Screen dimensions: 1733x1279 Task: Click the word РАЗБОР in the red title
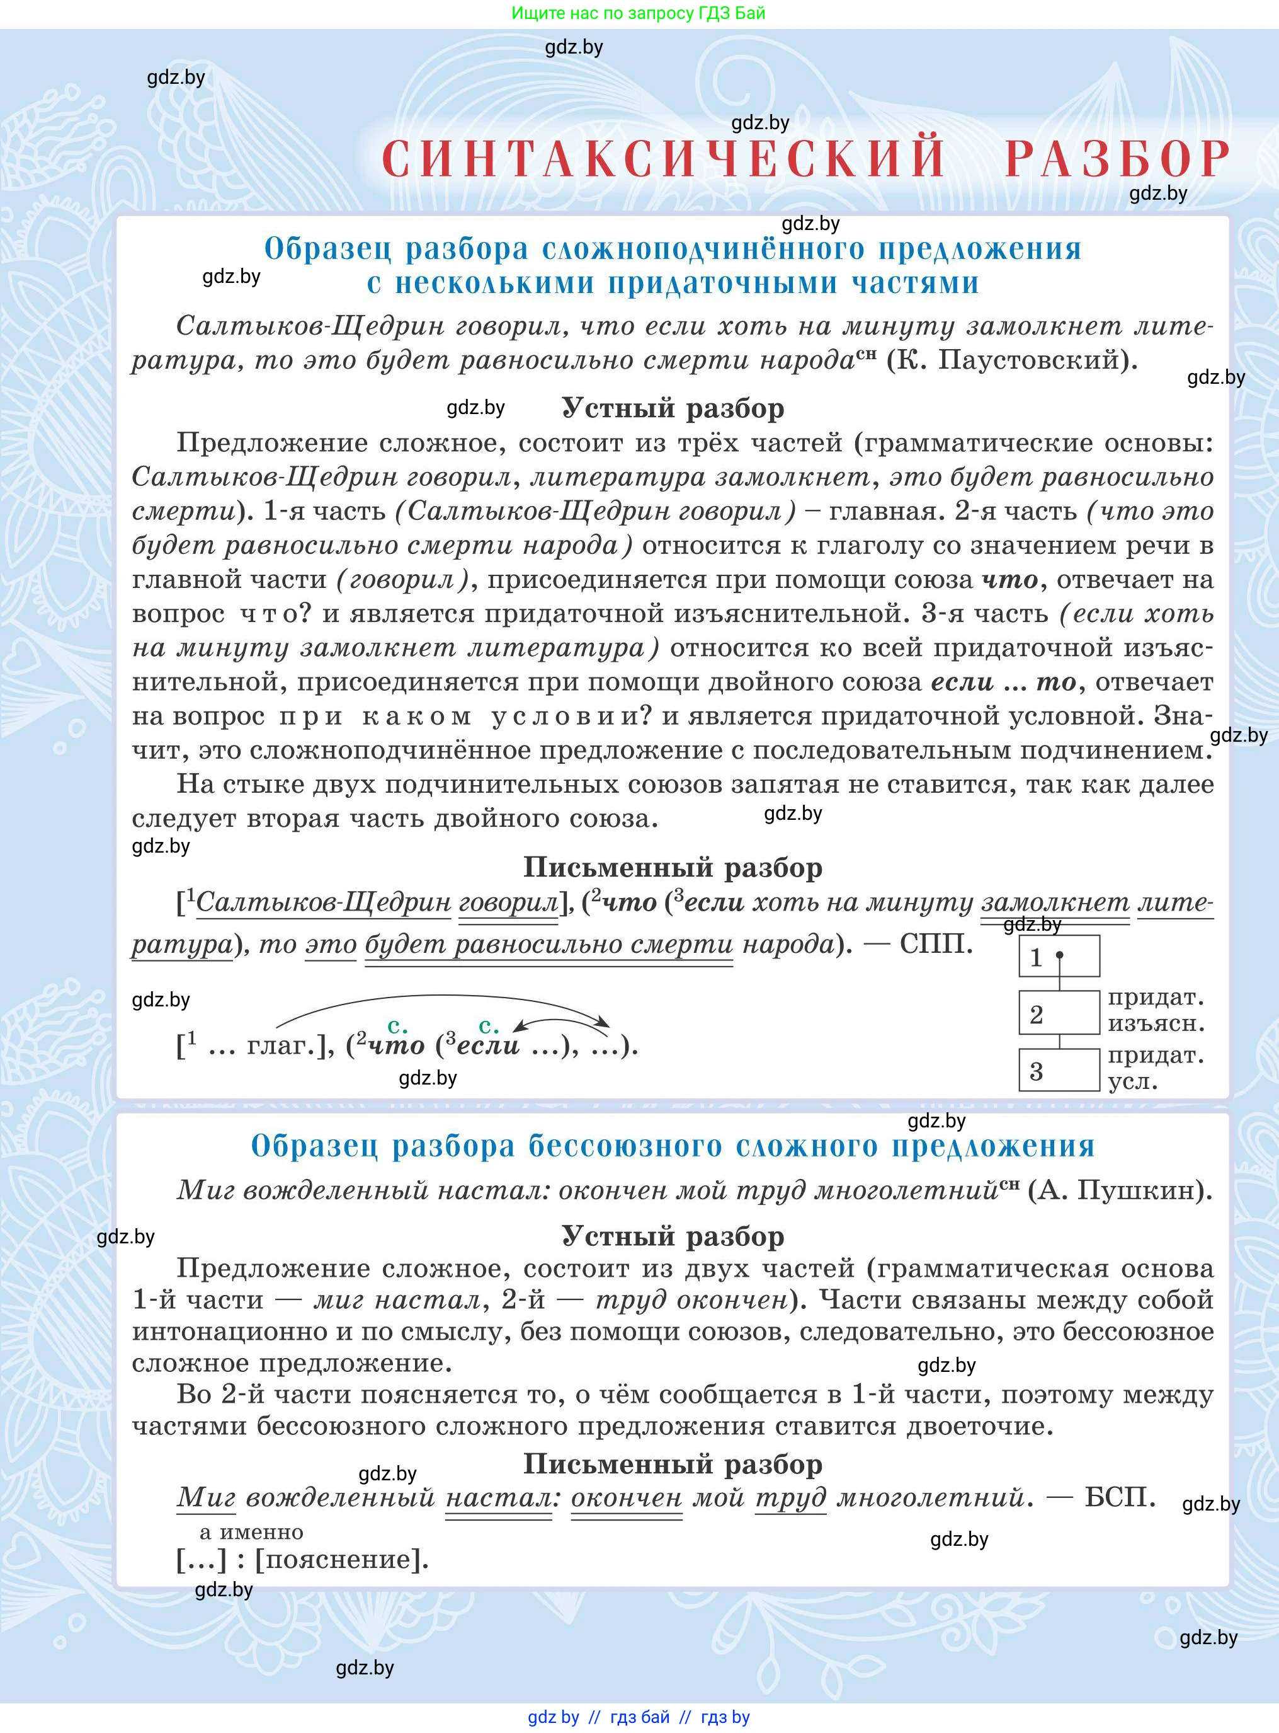pos(1117,159)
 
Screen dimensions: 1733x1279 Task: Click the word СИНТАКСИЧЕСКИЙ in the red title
pos(664,159)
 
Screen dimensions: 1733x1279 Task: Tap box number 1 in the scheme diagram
pos(1059,957)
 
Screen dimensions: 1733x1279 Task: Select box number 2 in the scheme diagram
pos(1059,1013)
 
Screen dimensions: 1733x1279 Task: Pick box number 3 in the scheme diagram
pos(1059,1071)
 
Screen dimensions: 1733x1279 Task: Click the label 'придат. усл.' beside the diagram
pos(1155,1068)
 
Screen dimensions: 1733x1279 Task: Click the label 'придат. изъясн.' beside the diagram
pos(1155,1011)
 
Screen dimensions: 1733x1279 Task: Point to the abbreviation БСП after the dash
pos(1120,1497)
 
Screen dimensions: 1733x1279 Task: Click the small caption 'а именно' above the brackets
pos(251,1531)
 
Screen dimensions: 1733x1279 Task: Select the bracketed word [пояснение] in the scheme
pos(341,1558)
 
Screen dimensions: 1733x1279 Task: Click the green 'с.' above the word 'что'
pos(397,1027)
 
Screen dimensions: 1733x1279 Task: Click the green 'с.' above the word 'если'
pos(489,1027)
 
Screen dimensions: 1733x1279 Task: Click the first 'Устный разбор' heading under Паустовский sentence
pos(672,408)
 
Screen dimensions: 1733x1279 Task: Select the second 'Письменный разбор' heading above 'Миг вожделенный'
pos(672,1463)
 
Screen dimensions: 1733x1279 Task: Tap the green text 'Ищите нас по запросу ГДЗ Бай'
pos(638,13)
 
